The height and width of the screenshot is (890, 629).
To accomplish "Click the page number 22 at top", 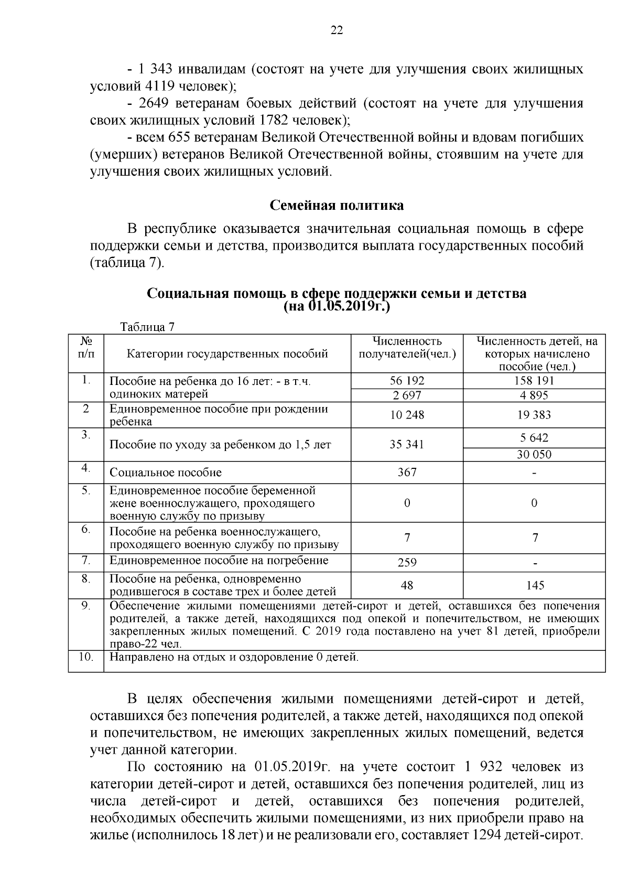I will pyautogui.click(x=337, y=30).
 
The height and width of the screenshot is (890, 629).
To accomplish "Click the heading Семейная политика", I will pyautogui.click(x=337, y=205).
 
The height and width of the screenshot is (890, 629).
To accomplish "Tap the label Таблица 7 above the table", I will pyautogui.click(x=147, y=327).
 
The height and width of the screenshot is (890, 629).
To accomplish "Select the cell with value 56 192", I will pyautogui.click(x=407, y=381).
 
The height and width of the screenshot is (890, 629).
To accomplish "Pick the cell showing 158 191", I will pyautogui.click(x=534, y=381).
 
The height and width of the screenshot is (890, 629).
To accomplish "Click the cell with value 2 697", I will pyautogui.click(x=407, y=395).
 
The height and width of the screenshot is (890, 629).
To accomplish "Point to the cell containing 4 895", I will pyautogui.click(x=534, y=395).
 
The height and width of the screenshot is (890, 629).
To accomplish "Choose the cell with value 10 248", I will pyautogui.click(x=407, y=415).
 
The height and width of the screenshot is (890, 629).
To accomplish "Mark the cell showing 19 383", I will pyautogui.click(x=534, y=415).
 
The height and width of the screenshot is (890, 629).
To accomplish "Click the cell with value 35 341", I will pyautogui.click(x=407, y=445).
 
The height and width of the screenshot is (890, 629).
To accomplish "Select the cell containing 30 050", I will pyautogui.click(x=534, y=454).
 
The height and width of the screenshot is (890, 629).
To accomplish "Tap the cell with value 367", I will pyautogui.click(x=407, y=473).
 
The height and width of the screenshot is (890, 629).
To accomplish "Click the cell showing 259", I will pyautogui.click(x=407, y=563).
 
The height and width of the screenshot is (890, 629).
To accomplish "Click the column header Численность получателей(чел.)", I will pyautogui.click(x=407, y=348).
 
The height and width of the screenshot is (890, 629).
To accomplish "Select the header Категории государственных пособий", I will pyautogui.click(x=227, y=353).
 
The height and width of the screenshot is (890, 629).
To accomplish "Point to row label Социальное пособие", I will pyautogui.click(x=165, y=473).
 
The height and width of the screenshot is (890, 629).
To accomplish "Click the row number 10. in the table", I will pyautogui.click(x=86, y=657).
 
